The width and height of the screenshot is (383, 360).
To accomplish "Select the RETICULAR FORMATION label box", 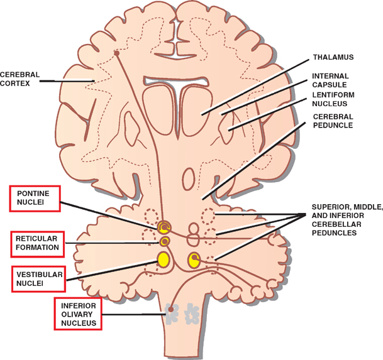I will click(37, 243).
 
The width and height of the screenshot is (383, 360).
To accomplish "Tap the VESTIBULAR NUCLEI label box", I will click(37, 279).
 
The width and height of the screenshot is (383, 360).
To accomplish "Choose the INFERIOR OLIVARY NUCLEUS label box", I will click(77, 314).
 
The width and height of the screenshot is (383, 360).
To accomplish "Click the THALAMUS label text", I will click(333, 57).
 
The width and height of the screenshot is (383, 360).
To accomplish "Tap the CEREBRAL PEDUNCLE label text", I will click(333, 121).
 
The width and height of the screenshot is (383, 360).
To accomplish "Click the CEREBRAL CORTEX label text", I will click(19, 78).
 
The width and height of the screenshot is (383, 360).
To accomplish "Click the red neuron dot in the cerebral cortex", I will click(116, 53).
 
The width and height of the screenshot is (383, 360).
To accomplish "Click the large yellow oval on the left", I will click(164, 258).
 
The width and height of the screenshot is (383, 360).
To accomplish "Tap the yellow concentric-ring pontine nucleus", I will click(164, 227).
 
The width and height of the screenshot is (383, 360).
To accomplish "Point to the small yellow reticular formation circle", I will click(165, 241).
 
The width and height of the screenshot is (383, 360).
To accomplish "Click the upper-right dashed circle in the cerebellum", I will click(208, 216).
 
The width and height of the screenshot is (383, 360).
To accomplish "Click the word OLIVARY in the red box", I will click(77, 314).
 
